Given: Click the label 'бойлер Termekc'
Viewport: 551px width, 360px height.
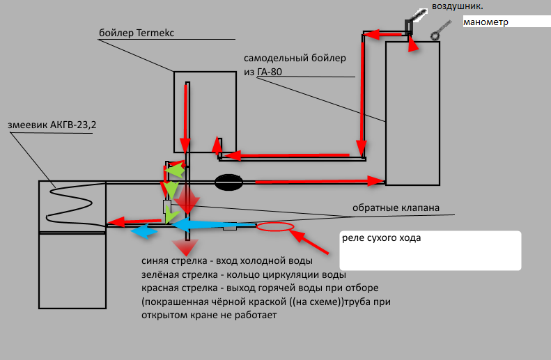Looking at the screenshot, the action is [x=137, y=33].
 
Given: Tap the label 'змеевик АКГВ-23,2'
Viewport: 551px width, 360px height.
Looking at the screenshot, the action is [x=52, y=125].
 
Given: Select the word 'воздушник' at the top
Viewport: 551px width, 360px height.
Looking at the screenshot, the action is [x=456, y=6].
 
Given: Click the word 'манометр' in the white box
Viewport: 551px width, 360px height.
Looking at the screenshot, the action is [x=486, y=22].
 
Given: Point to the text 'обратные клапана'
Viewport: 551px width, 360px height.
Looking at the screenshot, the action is [x=396, y=208].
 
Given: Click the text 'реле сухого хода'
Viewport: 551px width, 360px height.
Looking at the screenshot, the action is [x=381, y=238].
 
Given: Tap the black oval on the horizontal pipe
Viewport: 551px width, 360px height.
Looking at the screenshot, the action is [x=228, y=182].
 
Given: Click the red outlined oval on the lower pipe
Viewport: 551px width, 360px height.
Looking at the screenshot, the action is [x=275, y=227].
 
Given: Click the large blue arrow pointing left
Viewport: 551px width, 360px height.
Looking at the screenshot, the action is [x=213, y=225].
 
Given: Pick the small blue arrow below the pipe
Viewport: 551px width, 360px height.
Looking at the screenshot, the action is [x=144, y=232].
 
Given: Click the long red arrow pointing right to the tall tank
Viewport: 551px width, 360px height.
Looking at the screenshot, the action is [x=320, y=182].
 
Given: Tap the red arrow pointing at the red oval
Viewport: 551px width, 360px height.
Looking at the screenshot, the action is [x=309, y=242].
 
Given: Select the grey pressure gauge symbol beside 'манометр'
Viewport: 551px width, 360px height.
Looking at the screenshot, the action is [x=441, y=30].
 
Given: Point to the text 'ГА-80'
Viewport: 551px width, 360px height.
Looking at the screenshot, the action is [x=270, y=72].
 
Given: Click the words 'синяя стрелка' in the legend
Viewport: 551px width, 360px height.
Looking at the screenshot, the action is [x=174, y=261].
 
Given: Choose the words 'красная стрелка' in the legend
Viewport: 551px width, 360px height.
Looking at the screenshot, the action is [x=180, y=288].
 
